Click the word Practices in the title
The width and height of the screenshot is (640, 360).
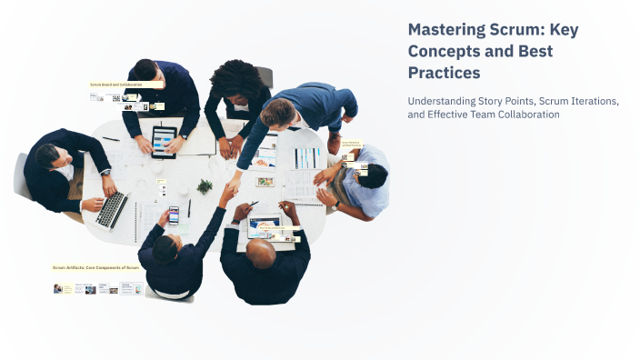pos(444,72)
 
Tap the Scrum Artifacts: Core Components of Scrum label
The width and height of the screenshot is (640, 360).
pos(95,268)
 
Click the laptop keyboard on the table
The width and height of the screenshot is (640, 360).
pos(113,208)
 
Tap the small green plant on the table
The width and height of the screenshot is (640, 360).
pos(205,186)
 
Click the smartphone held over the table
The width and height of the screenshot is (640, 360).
pos(173,215)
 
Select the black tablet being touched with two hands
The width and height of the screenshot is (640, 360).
pos(165,140)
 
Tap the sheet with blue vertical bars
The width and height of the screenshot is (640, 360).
pos(307,158)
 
